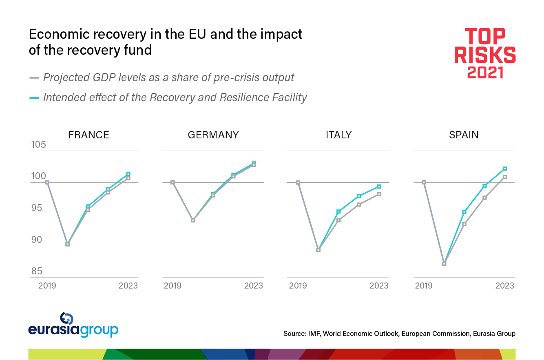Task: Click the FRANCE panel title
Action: pos(88,135)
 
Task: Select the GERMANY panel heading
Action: pos(213,135)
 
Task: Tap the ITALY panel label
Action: pos(338,135)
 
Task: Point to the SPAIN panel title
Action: pos(464,135)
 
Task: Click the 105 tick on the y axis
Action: pos(39,145)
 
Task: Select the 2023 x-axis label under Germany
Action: pos(253,286)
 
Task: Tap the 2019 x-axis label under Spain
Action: pos(424,286)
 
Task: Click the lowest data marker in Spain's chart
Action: pos(444,264)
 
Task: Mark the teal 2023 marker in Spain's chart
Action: pos(505,169)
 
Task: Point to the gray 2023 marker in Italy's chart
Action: pos(379,194)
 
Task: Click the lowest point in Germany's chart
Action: pos(193,220)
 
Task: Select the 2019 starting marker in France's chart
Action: pos(47,182)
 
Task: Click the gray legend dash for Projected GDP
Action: pos(34,78)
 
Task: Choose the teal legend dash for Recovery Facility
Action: pos(34,98)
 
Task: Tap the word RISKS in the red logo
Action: pos(485,55)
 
